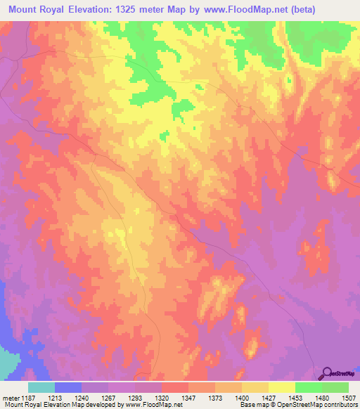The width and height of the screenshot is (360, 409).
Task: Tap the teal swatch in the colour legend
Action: point(41,388)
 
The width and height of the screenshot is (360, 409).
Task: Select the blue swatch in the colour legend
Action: point(68,388)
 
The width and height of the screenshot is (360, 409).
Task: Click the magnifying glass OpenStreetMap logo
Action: point(327,372)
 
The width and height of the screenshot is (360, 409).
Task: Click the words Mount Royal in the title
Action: point(36,10)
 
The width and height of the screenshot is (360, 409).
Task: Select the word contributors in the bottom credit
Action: point(341,405)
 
